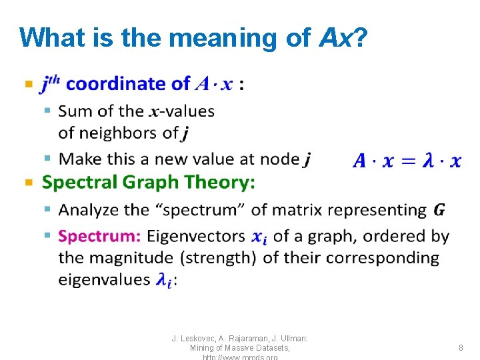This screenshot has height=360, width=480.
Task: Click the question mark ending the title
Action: (x=360, y=37)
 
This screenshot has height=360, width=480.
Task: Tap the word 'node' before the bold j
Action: (x=279, y=159)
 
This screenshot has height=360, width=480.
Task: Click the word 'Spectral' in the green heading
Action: (x=78, y=182)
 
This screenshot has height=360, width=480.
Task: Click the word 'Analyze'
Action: (x=86, y=210)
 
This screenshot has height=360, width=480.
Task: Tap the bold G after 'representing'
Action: (x=439, y=210)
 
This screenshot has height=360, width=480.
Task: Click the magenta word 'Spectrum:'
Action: (x=99, y=236)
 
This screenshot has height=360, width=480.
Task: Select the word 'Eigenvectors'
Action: (x=196, y=236)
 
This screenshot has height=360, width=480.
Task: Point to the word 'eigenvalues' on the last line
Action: (x=104, y=279)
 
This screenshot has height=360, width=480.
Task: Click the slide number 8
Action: (x=461, y=347)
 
